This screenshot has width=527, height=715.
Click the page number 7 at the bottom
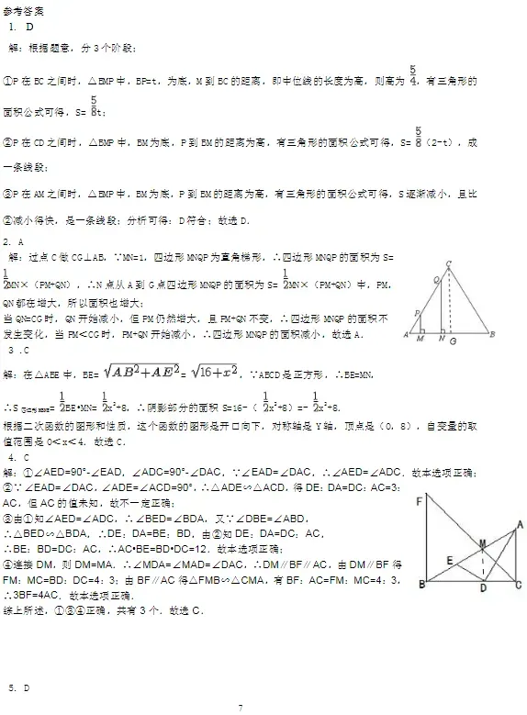pyautogui.click(x=240, y=707)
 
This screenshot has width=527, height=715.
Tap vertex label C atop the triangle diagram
pyautogui.click(x=448, y=264)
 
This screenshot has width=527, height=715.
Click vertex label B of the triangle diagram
pyautogui.click(x=492, y=335)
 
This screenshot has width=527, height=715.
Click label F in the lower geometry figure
pyautogui.click(x=419, y=500)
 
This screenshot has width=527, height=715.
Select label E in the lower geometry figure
pyautogui.click(x=448, y=560)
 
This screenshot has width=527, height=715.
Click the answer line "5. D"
pyautogui.click(x=19, y=687)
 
